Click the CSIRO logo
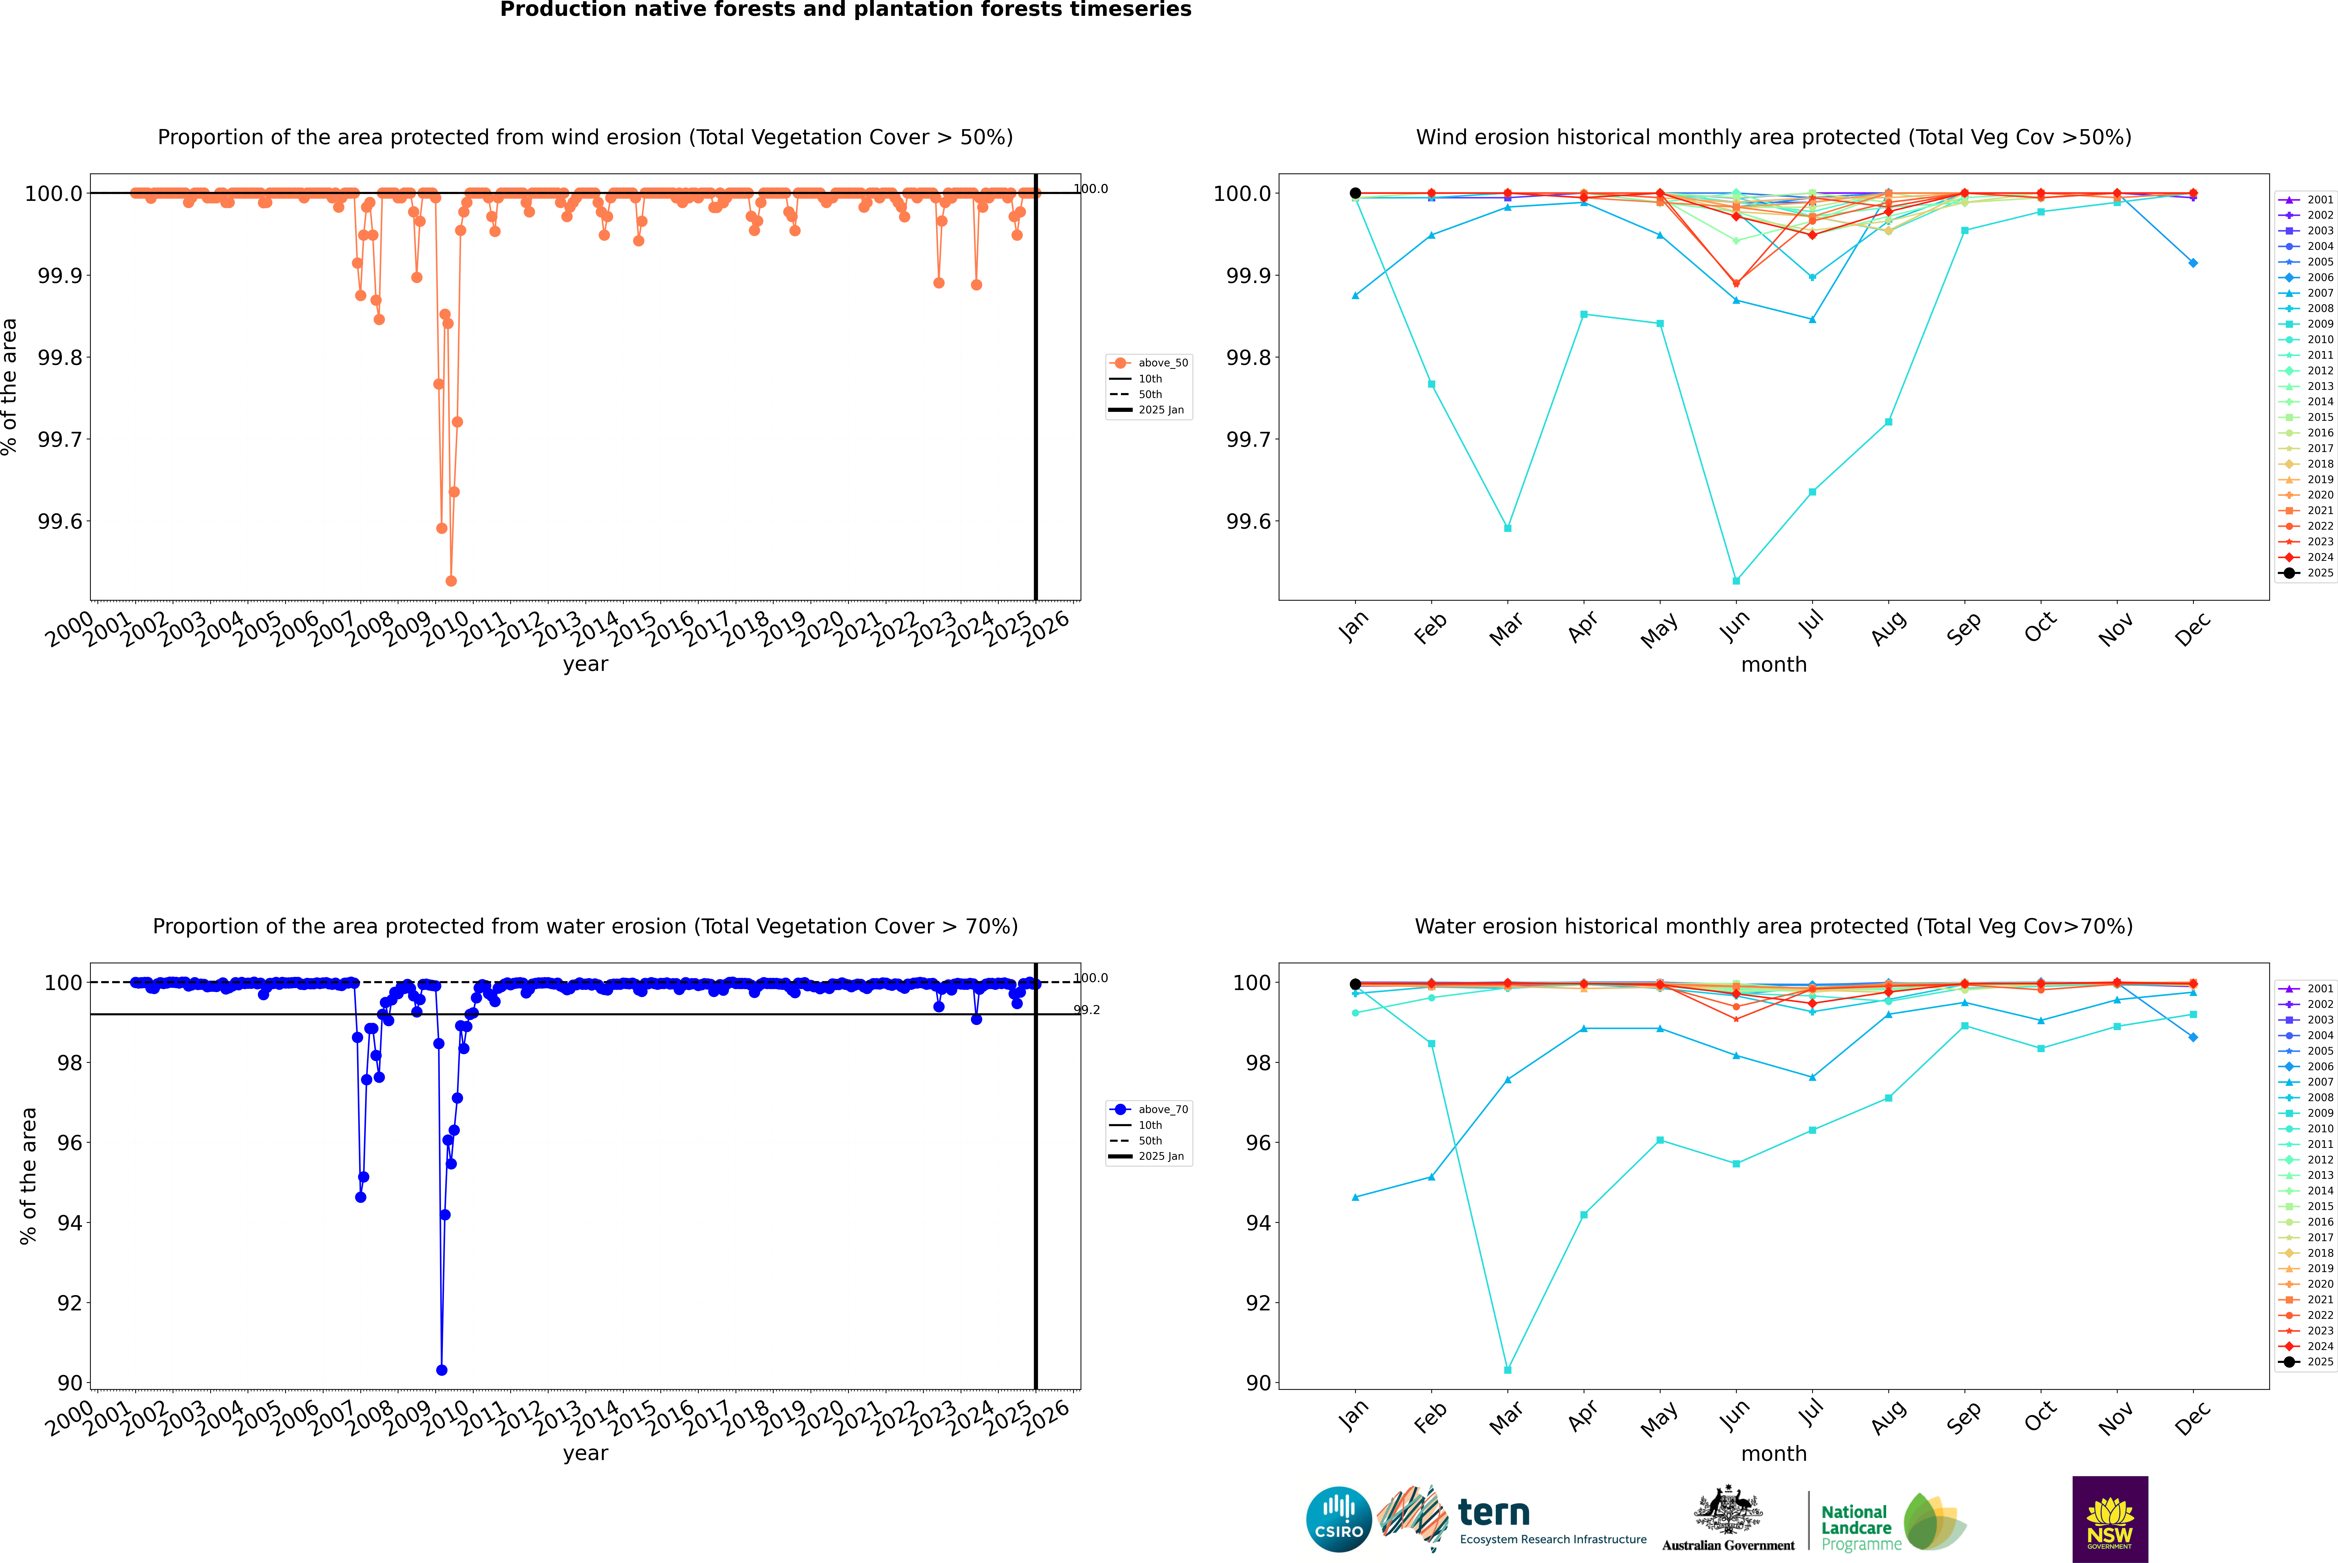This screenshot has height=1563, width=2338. click(x=1339, y=1519)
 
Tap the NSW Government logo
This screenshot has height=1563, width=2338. click(x=2110, y=1519)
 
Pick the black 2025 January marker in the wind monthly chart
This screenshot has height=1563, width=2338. click(x=1355, y=193)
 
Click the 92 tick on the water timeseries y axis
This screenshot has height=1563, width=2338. click(x=70, y=1303)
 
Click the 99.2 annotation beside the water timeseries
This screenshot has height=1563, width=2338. click(x=1087, y=1010)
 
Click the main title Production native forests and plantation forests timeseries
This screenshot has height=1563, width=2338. click(x=845, y=10)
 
